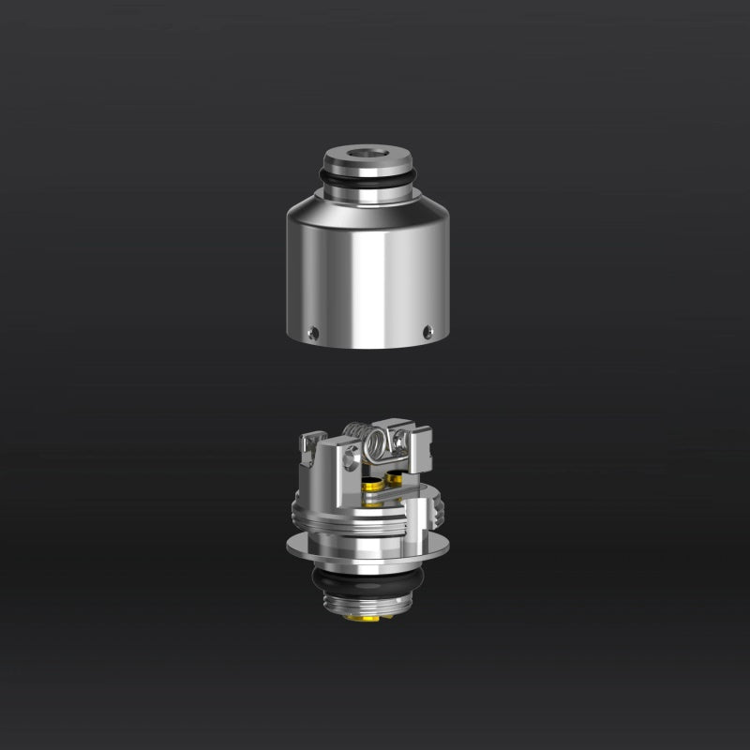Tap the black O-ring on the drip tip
(367, 178)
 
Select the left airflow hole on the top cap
(314, 330)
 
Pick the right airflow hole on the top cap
(428, 329)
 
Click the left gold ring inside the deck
(373, 484)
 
